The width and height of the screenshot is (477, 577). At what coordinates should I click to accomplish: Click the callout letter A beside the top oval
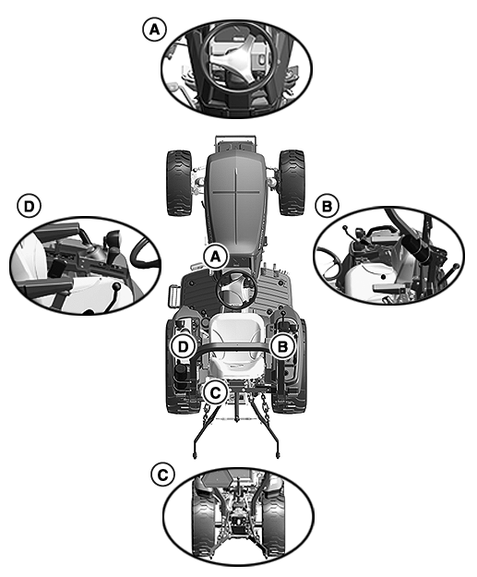pyautogui.click(x=154, y=30)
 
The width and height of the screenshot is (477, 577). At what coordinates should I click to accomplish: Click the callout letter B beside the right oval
pyautogui.click(x=327, y=207)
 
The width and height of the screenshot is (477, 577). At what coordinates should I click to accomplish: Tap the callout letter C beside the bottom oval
pyautogui.click(x=162, y=475)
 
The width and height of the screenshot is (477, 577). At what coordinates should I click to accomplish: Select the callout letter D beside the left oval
pyautogui.click(x=29, y=207)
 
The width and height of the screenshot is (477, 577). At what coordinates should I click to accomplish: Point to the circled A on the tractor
pyautogui.click(x=216, y=257)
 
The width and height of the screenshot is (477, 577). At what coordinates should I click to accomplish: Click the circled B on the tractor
pyautogui.click(x=282, y=346)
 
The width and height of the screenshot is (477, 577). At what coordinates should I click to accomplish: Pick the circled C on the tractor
pyautogui.click(x=216, y=392)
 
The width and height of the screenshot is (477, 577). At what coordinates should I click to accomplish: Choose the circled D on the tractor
pyautogui.click(x=183, y=346)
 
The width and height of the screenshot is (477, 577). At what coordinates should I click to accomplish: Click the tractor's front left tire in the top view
pyautogui.click(x=179, y=183)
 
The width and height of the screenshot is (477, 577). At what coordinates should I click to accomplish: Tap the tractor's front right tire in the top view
pyautogui.click(x=292, y=183)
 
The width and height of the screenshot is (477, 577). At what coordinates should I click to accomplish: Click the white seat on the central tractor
pyautogui.click(x=237, y=341)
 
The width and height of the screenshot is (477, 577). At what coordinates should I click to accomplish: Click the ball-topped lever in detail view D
pyautogui.click(x=116, y=287)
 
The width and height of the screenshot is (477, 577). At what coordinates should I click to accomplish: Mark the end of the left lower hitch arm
pyautogui.click(x=195, y=455)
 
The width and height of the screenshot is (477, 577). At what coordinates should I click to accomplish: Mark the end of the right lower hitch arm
pyautogui.click(x=277, y=455)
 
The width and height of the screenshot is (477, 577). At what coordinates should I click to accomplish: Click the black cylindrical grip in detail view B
pyautogui.click(x=414, y=246)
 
